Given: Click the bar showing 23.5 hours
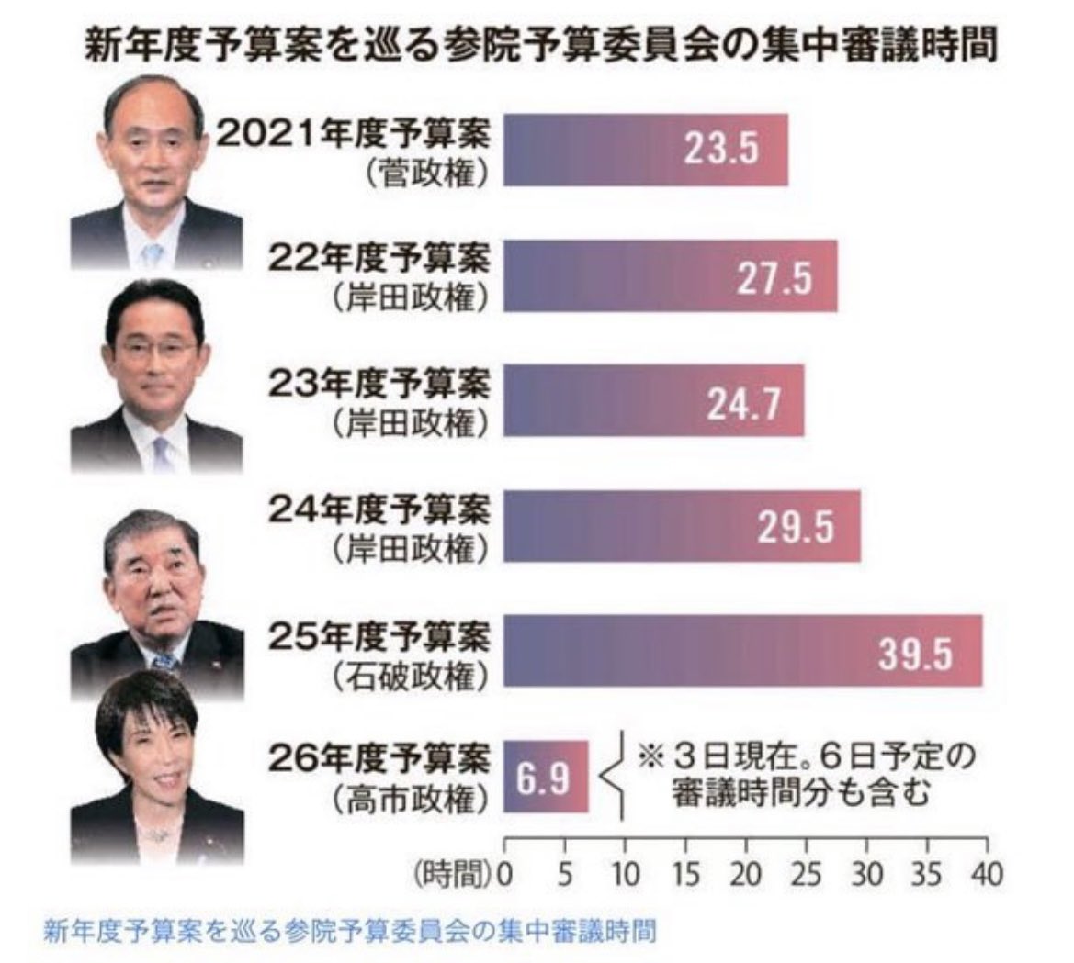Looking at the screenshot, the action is [646, 150].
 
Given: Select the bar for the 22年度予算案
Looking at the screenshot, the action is [671, 275].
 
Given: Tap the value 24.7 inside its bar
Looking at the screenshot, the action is [743, 404].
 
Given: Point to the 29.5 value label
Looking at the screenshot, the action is [796, 528].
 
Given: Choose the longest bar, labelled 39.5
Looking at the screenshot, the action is [743, 650].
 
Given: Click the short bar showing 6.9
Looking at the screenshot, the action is [546, 776].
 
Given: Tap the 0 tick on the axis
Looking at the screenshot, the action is [504, 874].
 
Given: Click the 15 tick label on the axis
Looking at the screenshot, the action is [685, 874].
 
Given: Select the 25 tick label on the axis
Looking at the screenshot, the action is [806, 874].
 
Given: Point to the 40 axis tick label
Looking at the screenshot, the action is [987, 874].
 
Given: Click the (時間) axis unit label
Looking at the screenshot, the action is [454, 874].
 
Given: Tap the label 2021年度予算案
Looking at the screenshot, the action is [354, 135].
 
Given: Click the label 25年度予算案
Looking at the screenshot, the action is [379, 636].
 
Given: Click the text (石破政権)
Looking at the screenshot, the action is [411, 677].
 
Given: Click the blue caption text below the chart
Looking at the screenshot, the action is [349, 931].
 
